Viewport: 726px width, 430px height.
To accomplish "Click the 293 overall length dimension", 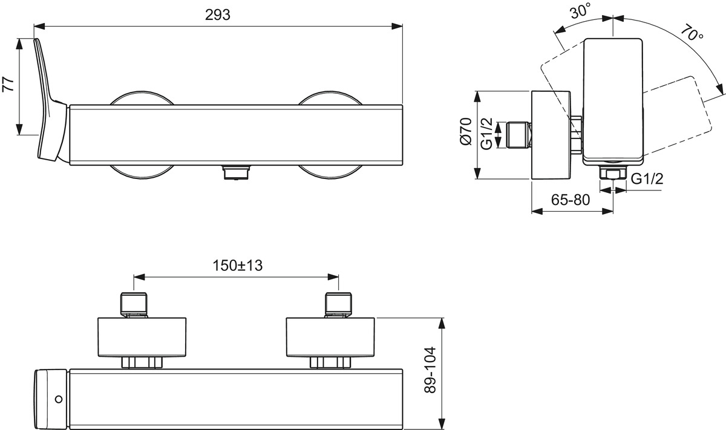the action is tap(218, 15).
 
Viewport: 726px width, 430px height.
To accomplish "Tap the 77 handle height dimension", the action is tap(8, 85).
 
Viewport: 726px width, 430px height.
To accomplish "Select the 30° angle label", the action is tap(581, 11).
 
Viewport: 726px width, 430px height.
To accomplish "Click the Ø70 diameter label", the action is tap(466, 132).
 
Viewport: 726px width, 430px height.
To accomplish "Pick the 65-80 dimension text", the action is tap(571, 200).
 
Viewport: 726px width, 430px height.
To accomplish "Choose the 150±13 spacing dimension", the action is tap(237, 265).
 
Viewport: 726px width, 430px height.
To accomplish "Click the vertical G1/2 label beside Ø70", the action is tap(486, 134).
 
